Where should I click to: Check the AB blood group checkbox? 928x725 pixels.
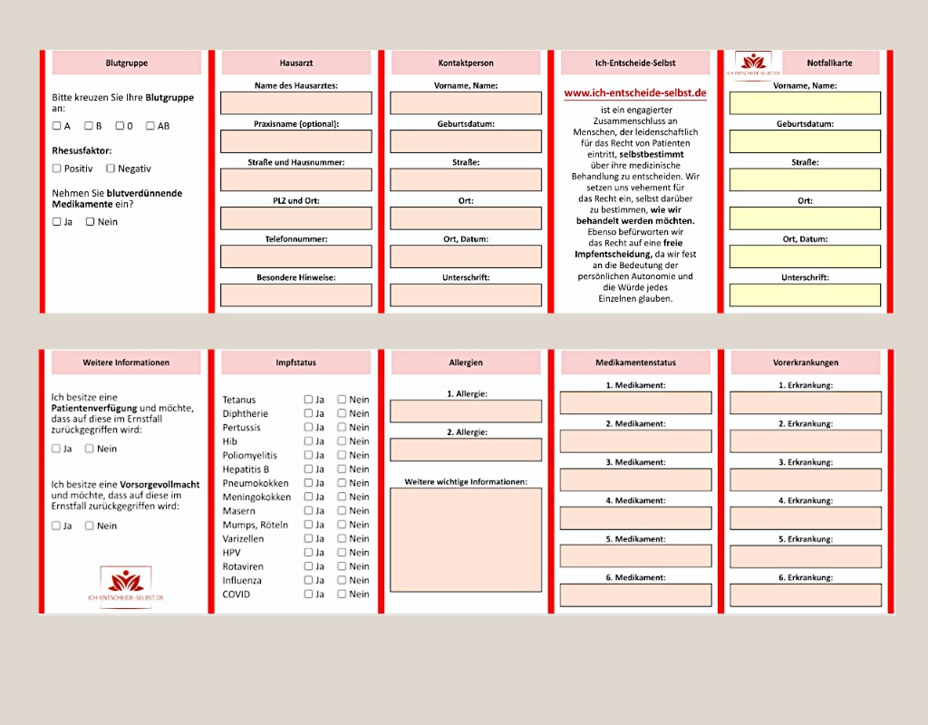(150, 126)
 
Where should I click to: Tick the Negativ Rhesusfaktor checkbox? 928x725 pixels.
(111, 169)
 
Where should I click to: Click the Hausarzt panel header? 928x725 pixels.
(296, 63)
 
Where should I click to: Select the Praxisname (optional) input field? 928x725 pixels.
(296, 141)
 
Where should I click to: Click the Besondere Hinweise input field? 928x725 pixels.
(296, 295)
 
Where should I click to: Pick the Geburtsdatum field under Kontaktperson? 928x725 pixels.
(466, 141)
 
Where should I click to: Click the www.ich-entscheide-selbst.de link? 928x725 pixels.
(635, 93)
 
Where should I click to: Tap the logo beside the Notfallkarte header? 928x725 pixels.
(752, 63)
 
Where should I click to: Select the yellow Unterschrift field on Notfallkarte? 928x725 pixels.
(805, 295)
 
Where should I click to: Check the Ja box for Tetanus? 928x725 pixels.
(309, 400)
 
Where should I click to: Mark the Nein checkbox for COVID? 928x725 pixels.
(343, 594)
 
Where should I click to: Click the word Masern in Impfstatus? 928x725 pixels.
(238, 511)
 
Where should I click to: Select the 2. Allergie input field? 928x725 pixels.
(466, 449)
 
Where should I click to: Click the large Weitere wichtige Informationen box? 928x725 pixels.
(466, 539)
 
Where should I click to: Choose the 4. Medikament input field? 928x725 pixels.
(635, 518)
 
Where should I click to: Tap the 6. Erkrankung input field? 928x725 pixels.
(805, 595)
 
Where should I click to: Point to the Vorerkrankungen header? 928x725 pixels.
(805, 362)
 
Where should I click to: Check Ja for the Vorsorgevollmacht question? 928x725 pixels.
(56, 526)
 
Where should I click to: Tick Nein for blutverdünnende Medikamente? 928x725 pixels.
(91, 222)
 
